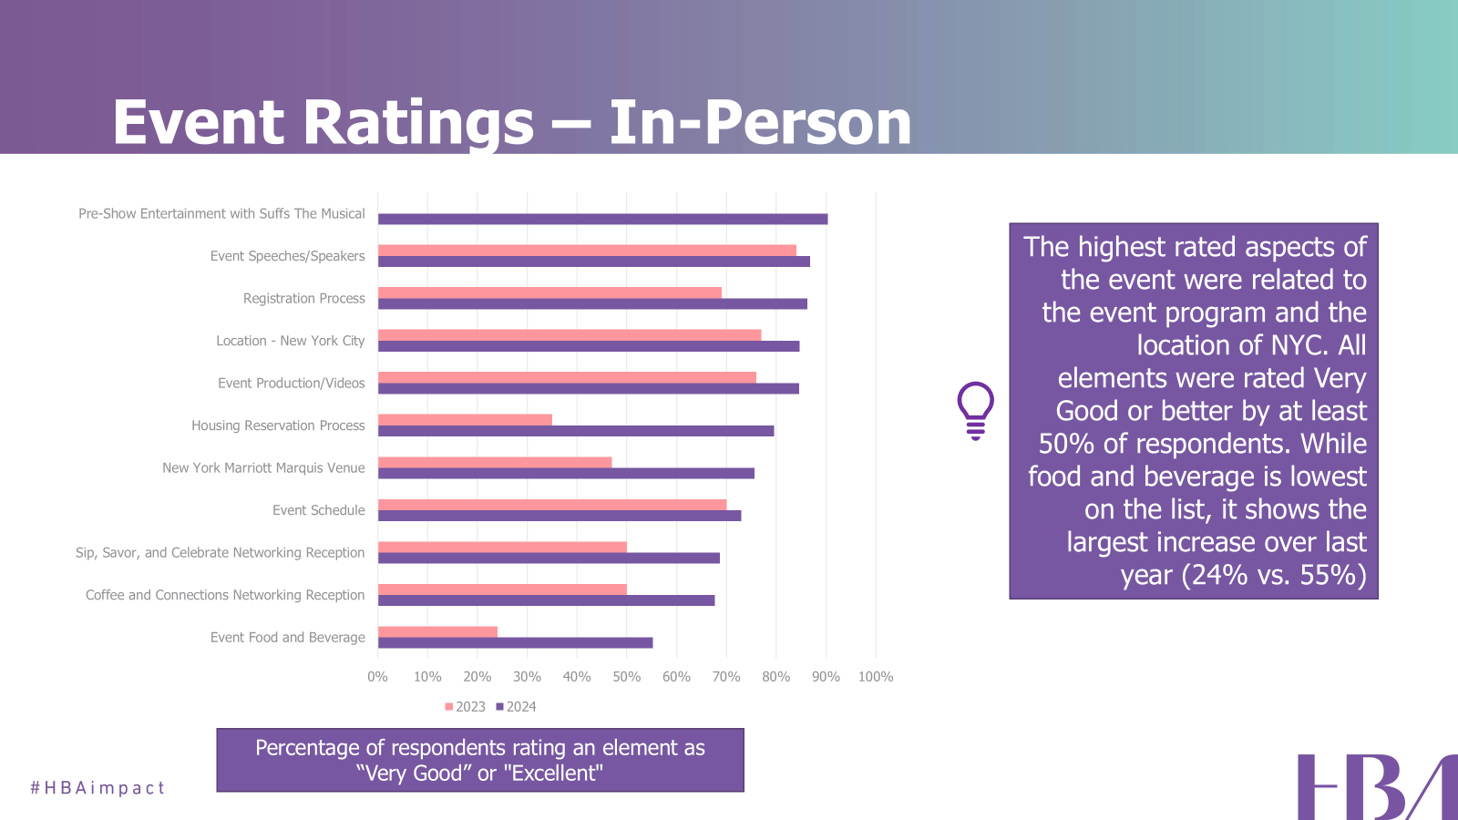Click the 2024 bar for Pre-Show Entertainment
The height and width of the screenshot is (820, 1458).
click(602, 219)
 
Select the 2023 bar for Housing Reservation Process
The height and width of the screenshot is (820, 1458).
click(465, 420)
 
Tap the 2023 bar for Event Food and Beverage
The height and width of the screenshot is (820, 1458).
click(437, 632)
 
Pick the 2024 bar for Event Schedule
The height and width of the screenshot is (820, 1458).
click(560, 516)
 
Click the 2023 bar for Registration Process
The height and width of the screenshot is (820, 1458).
click(549, 292)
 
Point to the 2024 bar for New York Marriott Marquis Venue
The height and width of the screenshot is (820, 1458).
click(566, 473)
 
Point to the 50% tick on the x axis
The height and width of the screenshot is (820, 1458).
click(626, 677)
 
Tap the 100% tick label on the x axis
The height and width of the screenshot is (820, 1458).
click(875, 677)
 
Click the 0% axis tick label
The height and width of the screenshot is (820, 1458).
click(377, 677)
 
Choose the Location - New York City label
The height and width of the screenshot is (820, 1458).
click(290, 341)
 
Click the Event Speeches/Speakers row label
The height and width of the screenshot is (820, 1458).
click(287, 256)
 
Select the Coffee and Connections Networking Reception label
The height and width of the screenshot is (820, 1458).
click(225, 595)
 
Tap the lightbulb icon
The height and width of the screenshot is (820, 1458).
click(975, 410)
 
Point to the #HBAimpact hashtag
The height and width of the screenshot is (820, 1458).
click(98, 788)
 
